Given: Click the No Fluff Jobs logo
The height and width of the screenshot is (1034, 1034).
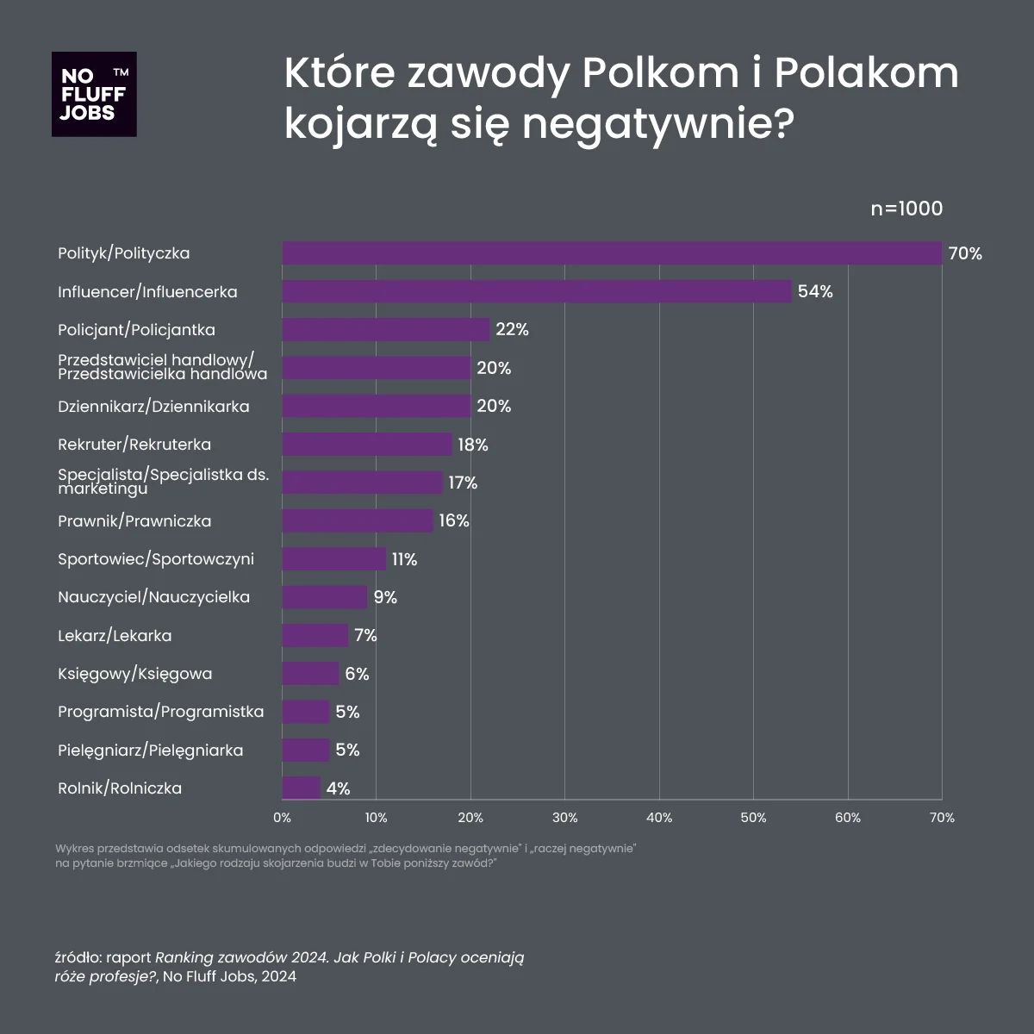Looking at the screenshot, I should [94, 94].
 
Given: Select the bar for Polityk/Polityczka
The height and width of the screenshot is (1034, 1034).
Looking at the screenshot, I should [612, 253].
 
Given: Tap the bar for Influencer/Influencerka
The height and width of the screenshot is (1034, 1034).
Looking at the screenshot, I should [537, 291].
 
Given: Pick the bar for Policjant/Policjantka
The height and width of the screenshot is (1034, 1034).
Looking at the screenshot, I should [386, 330].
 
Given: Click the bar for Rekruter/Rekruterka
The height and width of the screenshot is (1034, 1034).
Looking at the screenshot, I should [367, 445].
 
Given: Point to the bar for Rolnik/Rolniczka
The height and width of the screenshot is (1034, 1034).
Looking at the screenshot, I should [302, 788].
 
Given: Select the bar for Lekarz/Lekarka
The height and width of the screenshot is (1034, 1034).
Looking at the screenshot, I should [315, 635].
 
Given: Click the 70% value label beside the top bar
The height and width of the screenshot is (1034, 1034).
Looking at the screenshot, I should [965, 253].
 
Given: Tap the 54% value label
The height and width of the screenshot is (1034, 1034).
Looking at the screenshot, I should [815, 291].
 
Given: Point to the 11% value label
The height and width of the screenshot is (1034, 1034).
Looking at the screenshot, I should [404, 559].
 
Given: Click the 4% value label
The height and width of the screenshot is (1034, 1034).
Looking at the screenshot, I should [339, 788].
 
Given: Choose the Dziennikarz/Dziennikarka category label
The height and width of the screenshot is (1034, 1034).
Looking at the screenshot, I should [153, 406].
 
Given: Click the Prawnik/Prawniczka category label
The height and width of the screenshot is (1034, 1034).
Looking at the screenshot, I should [134, 520].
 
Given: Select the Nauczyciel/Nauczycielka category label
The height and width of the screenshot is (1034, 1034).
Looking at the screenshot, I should [153, 597].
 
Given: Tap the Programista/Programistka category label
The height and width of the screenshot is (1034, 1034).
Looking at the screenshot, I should [160, 712].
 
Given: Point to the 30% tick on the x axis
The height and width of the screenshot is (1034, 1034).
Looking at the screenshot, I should [564, 818].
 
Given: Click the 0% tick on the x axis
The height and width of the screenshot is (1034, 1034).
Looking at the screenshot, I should [282, 818].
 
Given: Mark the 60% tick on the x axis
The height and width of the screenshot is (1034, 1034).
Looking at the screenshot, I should [848, 818].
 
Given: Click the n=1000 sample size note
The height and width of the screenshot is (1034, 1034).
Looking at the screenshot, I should [906, 209].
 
